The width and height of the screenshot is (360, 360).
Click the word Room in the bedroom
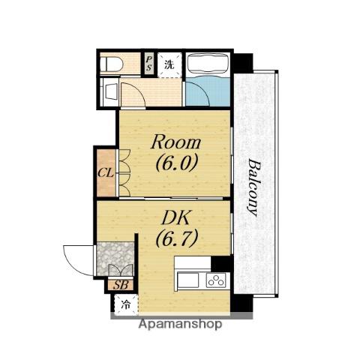click(175, 142)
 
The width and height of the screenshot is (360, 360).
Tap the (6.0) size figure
click(177, 162)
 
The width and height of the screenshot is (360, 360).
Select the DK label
click(176, 218)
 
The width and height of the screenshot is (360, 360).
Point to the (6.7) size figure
click(177, 238)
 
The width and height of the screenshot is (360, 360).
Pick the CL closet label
click(106, 172)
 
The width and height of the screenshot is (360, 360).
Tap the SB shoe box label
click(121, 285)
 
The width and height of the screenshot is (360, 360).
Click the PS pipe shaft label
click(149, 63)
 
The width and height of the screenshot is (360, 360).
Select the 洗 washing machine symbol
click(169, 64)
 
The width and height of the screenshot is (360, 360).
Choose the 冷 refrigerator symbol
click(126, 304)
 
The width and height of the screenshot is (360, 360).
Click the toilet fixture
click(111, 64)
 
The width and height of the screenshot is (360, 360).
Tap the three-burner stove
click(216, 280)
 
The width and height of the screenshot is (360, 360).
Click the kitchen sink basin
click(188, 280)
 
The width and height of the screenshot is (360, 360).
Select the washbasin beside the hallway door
click(110, 91)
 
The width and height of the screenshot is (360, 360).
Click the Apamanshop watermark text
click(180, 324)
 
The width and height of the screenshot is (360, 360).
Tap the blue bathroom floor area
click(208, 91)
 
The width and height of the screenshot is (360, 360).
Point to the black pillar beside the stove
click(221, 264)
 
